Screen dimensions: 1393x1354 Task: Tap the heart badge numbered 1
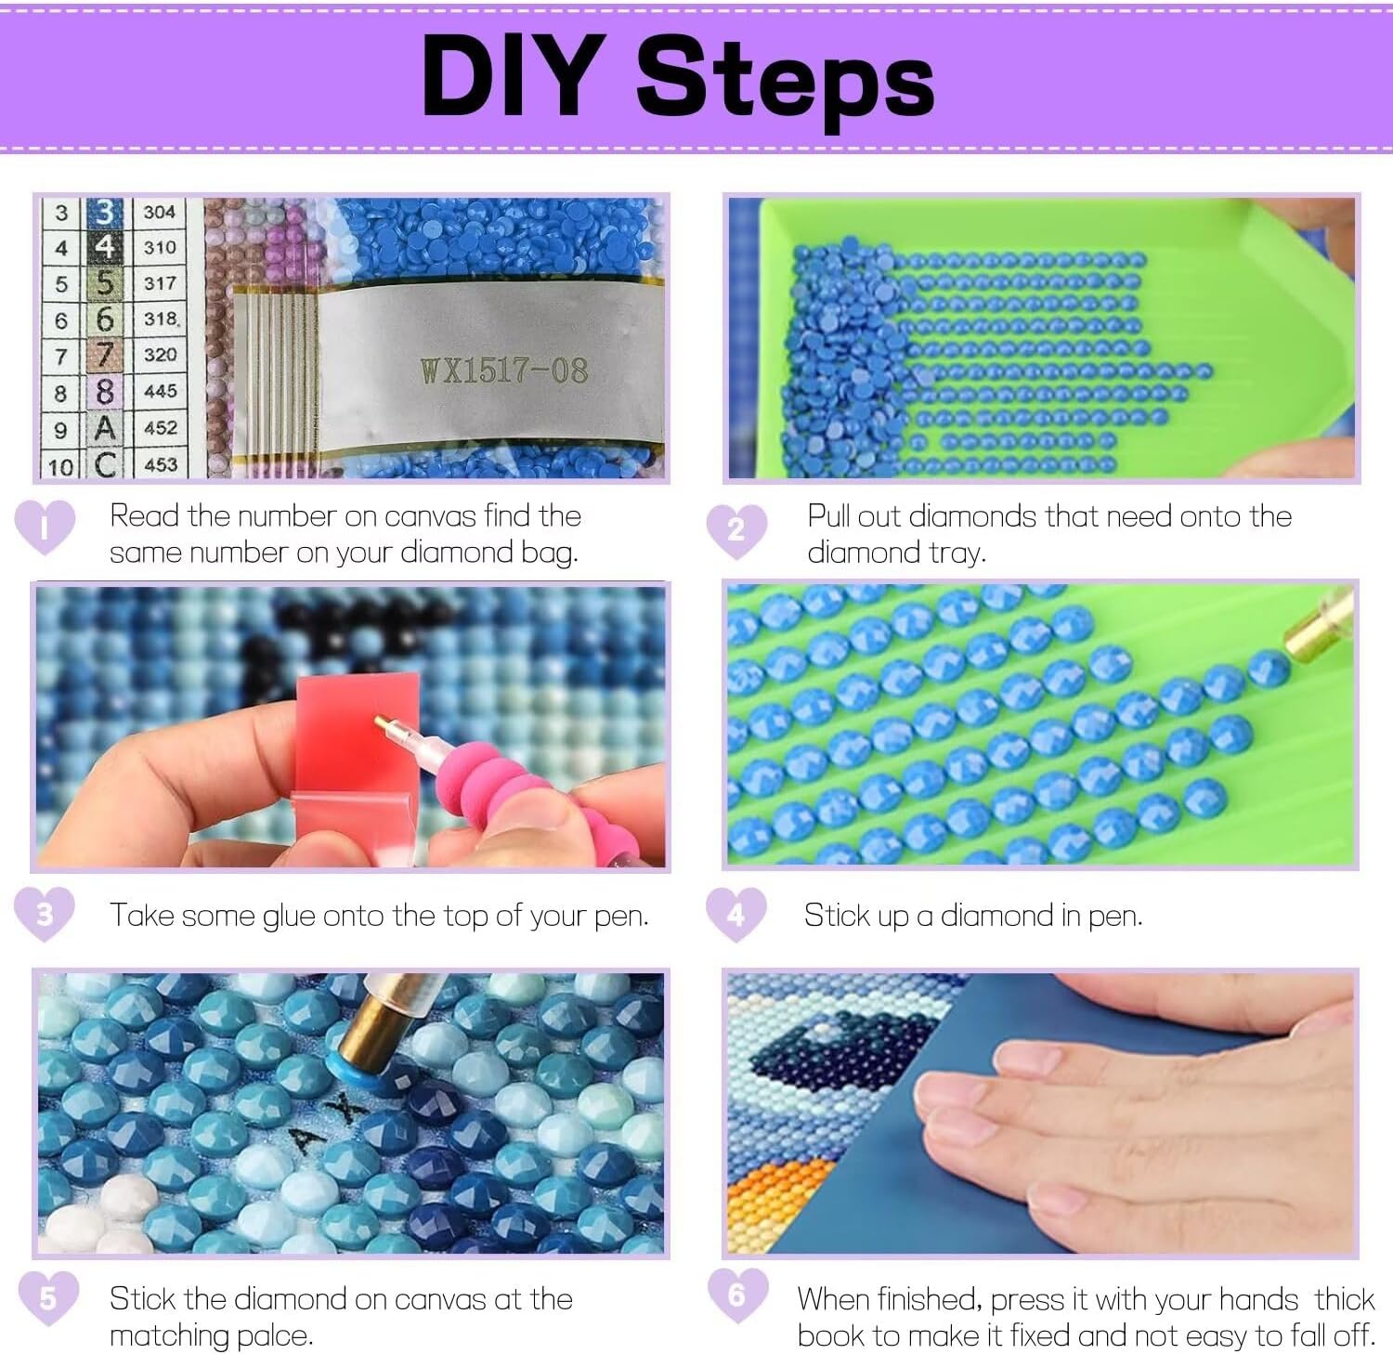point(45,527)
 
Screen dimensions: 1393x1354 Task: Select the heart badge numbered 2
point(736,530)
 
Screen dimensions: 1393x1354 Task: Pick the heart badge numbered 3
point(45,914)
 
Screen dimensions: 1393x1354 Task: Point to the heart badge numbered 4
point(736,914)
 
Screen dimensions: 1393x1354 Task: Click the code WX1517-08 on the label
point(504,371)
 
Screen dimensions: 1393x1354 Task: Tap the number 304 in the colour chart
point(159,212)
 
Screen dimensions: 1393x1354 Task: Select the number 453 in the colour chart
point(160,462)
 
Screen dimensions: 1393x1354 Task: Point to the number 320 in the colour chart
point(160,354)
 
